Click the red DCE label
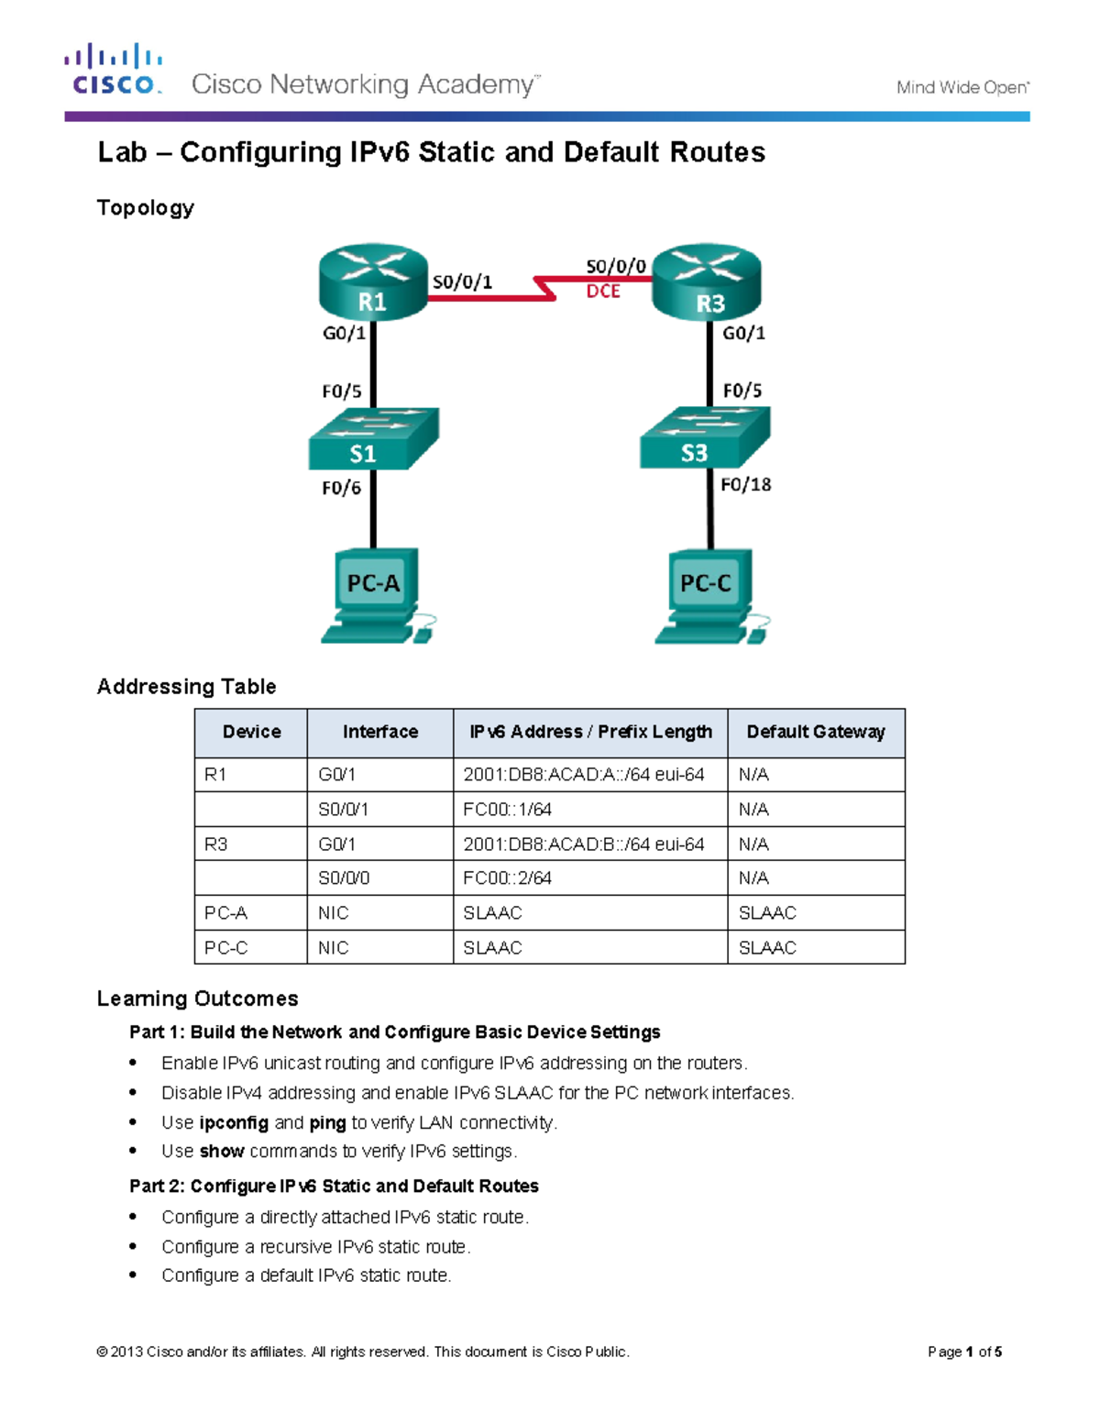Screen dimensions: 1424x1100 coord(603,292)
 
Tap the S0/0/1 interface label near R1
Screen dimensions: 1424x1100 coord(462,282)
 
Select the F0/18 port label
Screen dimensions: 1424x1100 coord(745,484)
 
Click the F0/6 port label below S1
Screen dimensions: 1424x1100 coord(341,488)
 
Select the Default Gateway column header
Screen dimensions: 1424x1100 coord(815,732)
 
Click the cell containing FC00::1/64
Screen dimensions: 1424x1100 coord(507,810)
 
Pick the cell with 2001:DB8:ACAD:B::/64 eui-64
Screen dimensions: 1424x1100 coord(583,844)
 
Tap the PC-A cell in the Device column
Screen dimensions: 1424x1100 coord(225,913)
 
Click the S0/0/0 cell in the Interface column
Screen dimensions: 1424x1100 coord(344,878)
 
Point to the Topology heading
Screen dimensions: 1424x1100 coord(146,208)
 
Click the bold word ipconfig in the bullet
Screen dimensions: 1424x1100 coord(234,1122)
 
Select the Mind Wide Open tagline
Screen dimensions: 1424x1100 coord(962,88)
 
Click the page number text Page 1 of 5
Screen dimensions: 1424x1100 coord(964,1352)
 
